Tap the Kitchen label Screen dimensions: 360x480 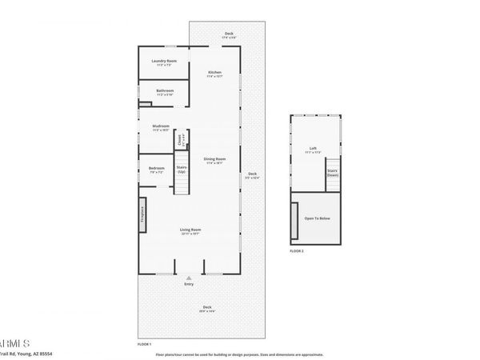tap(214, 73)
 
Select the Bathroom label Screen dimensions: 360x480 tap(165, 91)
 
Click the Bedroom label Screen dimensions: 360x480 tap(156, 168)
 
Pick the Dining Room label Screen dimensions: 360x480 tap(214, 160)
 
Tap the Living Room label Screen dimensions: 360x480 tap(190, 230)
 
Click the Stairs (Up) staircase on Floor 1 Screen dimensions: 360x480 tap(182, 182)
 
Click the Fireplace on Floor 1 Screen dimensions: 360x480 tap(142, 214)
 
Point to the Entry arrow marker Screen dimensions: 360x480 tap(190, 278)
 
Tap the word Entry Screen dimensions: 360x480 tap(190, 284)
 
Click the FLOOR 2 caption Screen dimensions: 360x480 tap(297, 251)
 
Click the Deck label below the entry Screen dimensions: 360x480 tap(206, 308)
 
